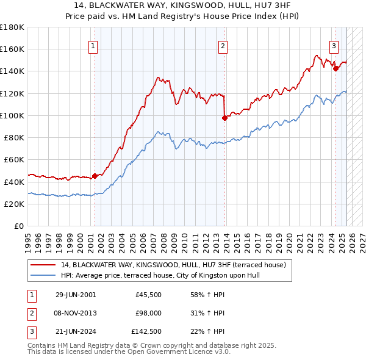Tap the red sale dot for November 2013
(x=224, y=118)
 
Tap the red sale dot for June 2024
(x=335, y=68)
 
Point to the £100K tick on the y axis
(x=12, y=115)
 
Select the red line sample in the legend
(x=43, y=265)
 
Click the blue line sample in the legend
(x=43, y=275)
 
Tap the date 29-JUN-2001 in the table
(x=76, y=295)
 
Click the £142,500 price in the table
(x=146, y=332)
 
